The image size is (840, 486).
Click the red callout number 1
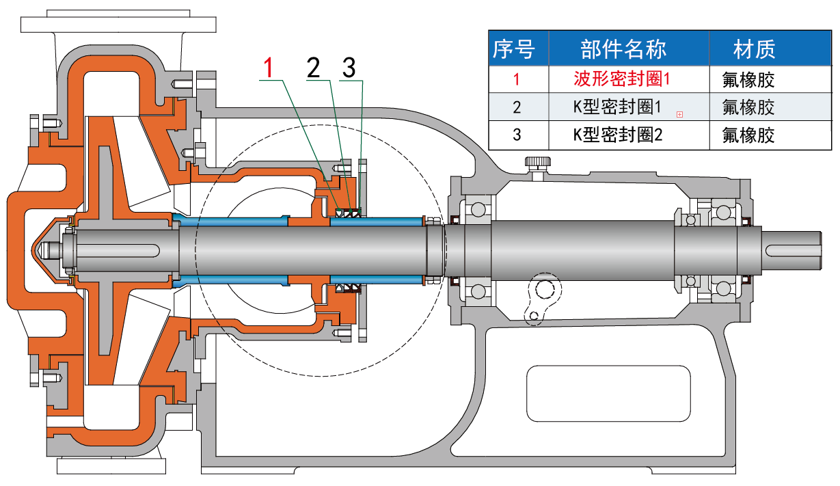click(270, 68)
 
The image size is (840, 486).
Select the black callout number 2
click(314, 68)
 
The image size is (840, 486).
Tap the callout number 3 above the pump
click(349, 68)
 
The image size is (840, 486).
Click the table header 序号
click(513, 49)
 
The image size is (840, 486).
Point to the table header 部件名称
click(623, 49)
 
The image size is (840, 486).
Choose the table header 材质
click(754, 49)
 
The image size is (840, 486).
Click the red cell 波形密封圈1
click(621, 79)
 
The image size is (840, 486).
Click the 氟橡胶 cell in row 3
click(748, 135)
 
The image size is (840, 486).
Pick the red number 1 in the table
click(517, 79)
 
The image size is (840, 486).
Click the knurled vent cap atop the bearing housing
click(537, 163)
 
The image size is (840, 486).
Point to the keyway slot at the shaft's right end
click(792, 249)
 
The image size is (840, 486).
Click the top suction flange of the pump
click(119, 24)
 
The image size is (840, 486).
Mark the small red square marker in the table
click(679, 115)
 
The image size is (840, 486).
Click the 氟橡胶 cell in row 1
click(748, 79)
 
